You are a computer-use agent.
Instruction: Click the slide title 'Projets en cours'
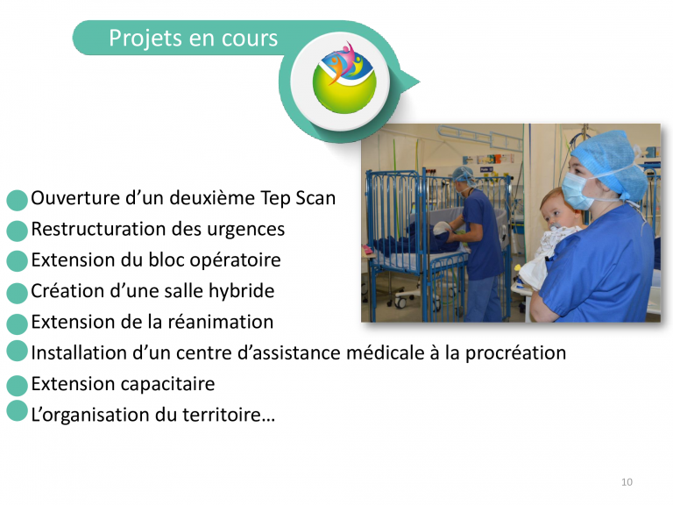tap(193, 39)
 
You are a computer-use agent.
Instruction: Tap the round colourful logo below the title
tap(344, 79)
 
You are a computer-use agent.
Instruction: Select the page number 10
tap(627, 482)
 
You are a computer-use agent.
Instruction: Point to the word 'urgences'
tap(246, 230)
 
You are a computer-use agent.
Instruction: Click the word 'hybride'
tap(242, 291)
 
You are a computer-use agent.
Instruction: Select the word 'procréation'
tap(516, 353)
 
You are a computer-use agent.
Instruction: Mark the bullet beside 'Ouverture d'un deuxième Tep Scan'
tap(18, 200)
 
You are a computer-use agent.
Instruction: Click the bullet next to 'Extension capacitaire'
tap(18, 385)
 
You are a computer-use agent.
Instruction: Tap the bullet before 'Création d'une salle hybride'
tap(18, 293)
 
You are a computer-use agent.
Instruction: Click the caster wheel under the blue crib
tap(400, 302)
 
